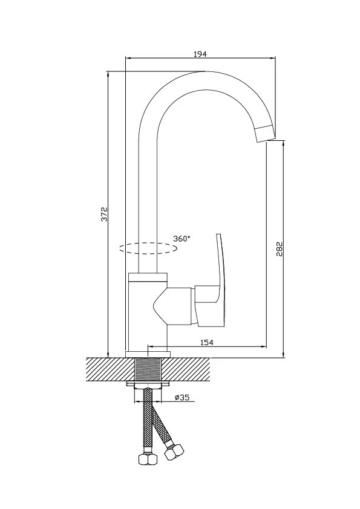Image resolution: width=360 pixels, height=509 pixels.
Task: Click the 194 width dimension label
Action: (200, 54)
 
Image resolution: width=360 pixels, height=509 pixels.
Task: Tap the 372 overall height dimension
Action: (104, 214)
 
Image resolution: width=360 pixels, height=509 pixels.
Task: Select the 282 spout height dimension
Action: (280, 249)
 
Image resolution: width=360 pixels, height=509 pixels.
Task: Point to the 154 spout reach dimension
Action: (207, 342)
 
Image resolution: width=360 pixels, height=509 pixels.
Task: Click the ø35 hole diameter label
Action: (182, 397)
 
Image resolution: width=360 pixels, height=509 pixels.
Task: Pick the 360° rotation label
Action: (182, 239)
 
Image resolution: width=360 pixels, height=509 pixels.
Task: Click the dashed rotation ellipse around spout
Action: (148, 248)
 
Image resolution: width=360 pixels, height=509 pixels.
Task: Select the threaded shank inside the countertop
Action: (148, 369)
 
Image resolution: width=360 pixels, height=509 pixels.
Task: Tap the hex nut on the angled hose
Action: (174, 451)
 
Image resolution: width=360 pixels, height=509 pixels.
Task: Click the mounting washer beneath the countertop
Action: (148, 384)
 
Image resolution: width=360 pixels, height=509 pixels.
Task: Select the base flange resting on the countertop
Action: (148, 354)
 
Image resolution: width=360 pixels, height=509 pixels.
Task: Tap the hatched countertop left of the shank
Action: (111, 369)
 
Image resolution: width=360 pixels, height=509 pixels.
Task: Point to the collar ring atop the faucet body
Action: (148, 277)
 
